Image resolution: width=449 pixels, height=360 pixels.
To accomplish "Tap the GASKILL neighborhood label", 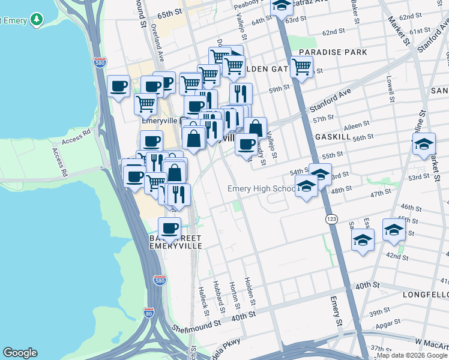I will click(x=332, y=137).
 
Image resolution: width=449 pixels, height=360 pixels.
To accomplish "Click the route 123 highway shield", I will click(x=332, y=220).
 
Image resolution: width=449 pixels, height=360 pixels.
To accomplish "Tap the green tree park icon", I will click(x=37, y=20).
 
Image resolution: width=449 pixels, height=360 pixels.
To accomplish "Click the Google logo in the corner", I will click(x=20, y=353).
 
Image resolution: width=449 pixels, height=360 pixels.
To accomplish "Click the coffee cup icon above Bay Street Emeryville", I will click(x=169, y=227).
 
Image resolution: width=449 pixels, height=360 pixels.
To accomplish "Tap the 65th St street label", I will click(x=170, y=13).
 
